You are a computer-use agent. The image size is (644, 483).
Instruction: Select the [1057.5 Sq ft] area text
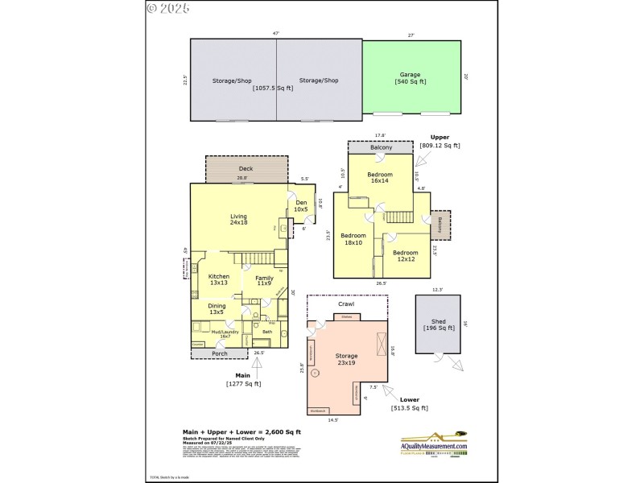click(x=273, y=88)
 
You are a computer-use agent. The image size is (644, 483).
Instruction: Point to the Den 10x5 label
click(x=301, y=206)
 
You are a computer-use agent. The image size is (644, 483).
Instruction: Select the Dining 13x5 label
click(x=217, y=309)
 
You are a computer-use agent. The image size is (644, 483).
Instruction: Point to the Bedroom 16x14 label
click(x=380, y=178)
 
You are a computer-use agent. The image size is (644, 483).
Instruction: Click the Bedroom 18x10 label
click(x=353, y=239)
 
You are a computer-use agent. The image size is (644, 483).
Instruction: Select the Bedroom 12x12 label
click(x=404, y=256)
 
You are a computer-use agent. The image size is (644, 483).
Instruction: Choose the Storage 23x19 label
click(x=346, y=360)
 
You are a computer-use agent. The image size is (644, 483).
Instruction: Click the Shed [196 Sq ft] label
click(x=437, y=325)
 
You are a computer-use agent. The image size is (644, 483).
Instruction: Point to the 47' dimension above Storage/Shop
click(x=275, y=34)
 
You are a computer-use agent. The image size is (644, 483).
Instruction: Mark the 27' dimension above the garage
click(x=411, y=35)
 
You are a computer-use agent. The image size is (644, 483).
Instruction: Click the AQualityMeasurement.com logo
click(x=434, y=442)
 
